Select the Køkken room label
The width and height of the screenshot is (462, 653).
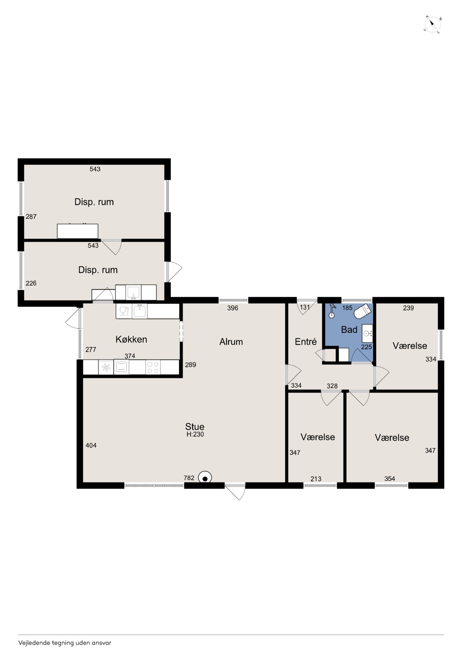pyautogui.click(x=131, y=339)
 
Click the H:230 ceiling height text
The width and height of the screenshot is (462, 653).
pyautogui.click(x=195, y=434)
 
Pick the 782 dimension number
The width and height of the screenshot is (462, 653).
pyautogui.click(x=189, y=478)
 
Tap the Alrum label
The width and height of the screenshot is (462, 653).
pyautogui.click(x=231, y=342)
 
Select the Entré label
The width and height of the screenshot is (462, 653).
pyautogui.click(x=306, y=341)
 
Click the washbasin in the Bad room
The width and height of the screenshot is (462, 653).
pyautogui.click(x=367, y=333)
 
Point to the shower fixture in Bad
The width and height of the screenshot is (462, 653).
pyautogui.click(x=332, y=311)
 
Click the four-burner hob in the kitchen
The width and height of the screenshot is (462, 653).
pyautogui.click(x=153, y=367)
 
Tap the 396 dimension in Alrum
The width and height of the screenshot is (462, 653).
pyautogui.click(x=233, y=308)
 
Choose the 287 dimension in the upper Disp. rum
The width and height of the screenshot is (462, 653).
pyautogui.click(x=31, y=216)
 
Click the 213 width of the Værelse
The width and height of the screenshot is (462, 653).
pyautogui.click(x=316, y=479)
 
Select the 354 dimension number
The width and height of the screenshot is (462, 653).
pyautogui.click(x=390, y=478)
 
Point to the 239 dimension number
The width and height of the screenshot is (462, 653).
pyautogui.click(x=408, y=308)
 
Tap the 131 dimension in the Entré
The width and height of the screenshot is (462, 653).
pyautogui.click(x=305, y=307)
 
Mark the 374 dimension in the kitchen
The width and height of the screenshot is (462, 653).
pyautogui.click(x=130, y=356)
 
